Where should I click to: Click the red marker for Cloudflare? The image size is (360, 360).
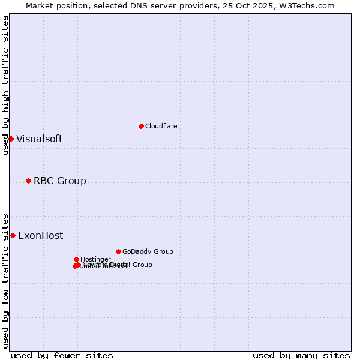141,126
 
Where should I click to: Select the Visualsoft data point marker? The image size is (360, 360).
11,139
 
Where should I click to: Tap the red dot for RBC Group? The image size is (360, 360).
28,181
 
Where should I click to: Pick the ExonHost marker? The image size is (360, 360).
13,235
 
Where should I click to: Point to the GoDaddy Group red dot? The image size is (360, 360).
118,251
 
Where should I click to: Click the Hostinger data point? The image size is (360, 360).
76,259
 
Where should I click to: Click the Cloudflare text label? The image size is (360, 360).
161,126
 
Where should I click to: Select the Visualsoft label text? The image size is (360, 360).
39,139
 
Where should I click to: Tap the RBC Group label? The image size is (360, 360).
59,181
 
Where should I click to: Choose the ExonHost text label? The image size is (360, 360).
40,235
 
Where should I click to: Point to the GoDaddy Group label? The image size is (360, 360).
147,251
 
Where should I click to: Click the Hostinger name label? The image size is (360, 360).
95,259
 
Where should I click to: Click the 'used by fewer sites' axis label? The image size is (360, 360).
62,355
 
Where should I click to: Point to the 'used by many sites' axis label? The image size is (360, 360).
301,355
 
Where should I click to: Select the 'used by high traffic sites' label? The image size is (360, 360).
5,85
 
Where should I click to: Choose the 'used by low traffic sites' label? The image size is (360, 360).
5,280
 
